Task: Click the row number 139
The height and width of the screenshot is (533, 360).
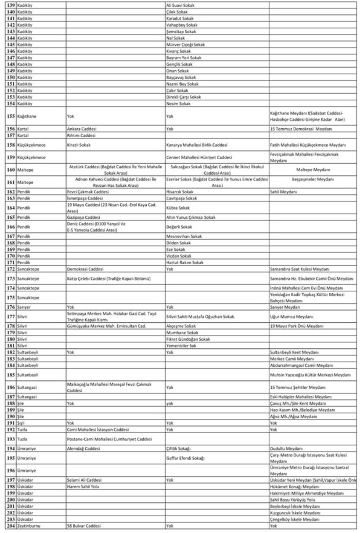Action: (x=10, y=5)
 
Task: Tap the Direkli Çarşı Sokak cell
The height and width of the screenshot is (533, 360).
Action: (x=184, y=97)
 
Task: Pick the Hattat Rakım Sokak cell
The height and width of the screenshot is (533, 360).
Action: (x=185, y=263)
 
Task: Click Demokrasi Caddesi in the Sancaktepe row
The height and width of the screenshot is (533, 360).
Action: (x=85, y=269)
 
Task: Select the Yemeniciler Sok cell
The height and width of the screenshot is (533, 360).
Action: (x=182, y=345)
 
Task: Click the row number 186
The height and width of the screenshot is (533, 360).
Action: (x=10, y=387)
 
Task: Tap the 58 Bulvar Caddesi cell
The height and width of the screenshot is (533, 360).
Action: (x=84, y=526)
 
